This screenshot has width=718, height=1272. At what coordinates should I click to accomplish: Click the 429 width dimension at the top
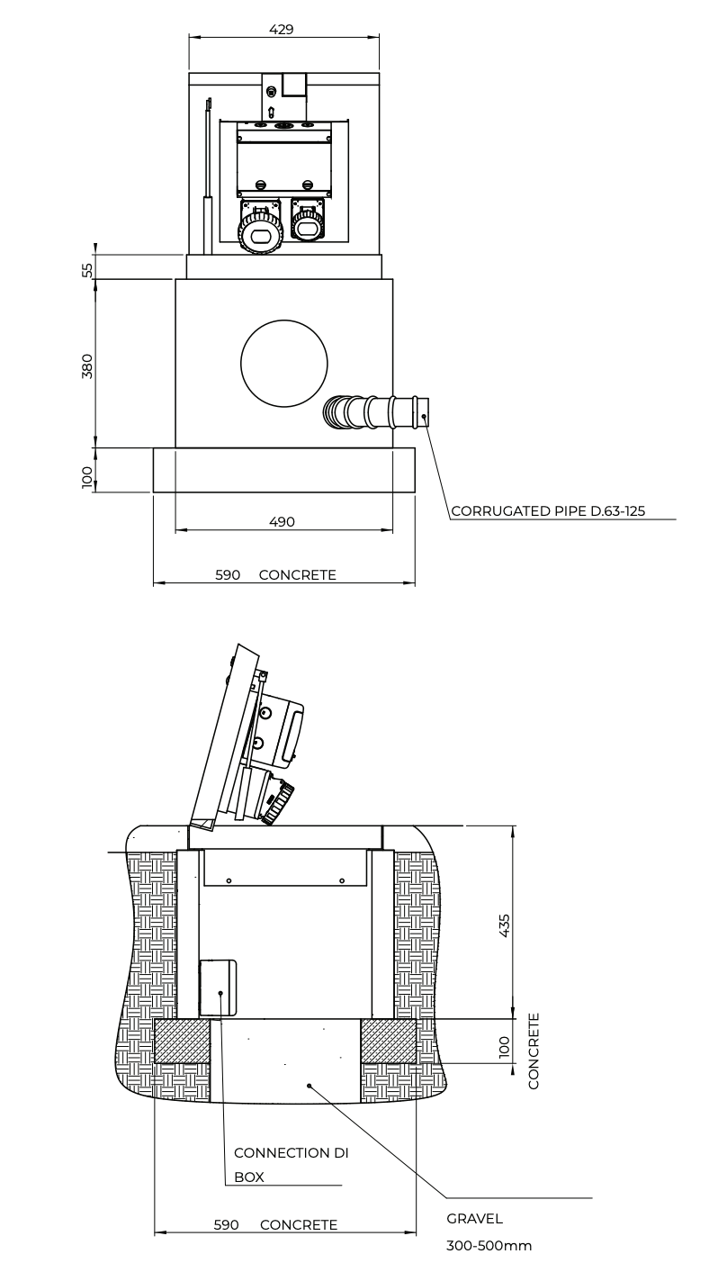click(282, 30)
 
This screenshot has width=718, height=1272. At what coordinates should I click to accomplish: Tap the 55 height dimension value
click(87, 270)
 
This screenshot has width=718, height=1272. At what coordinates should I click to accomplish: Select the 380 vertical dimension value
click(87, 366)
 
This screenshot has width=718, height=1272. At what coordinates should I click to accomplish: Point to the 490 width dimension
click(283, 521)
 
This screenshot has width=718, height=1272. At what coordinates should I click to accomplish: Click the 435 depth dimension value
click(505, 925)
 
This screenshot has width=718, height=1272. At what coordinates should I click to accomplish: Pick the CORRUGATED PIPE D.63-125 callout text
click(548, 511)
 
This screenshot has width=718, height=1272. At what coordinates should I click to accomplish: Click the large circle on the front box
click(283, 364)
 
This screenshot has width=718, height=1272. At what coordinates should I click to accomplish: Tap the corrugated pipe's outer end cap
click(423, 413)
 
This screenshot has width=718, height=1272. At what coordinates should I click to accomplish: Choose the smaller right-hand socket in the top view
click(308, 220)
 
